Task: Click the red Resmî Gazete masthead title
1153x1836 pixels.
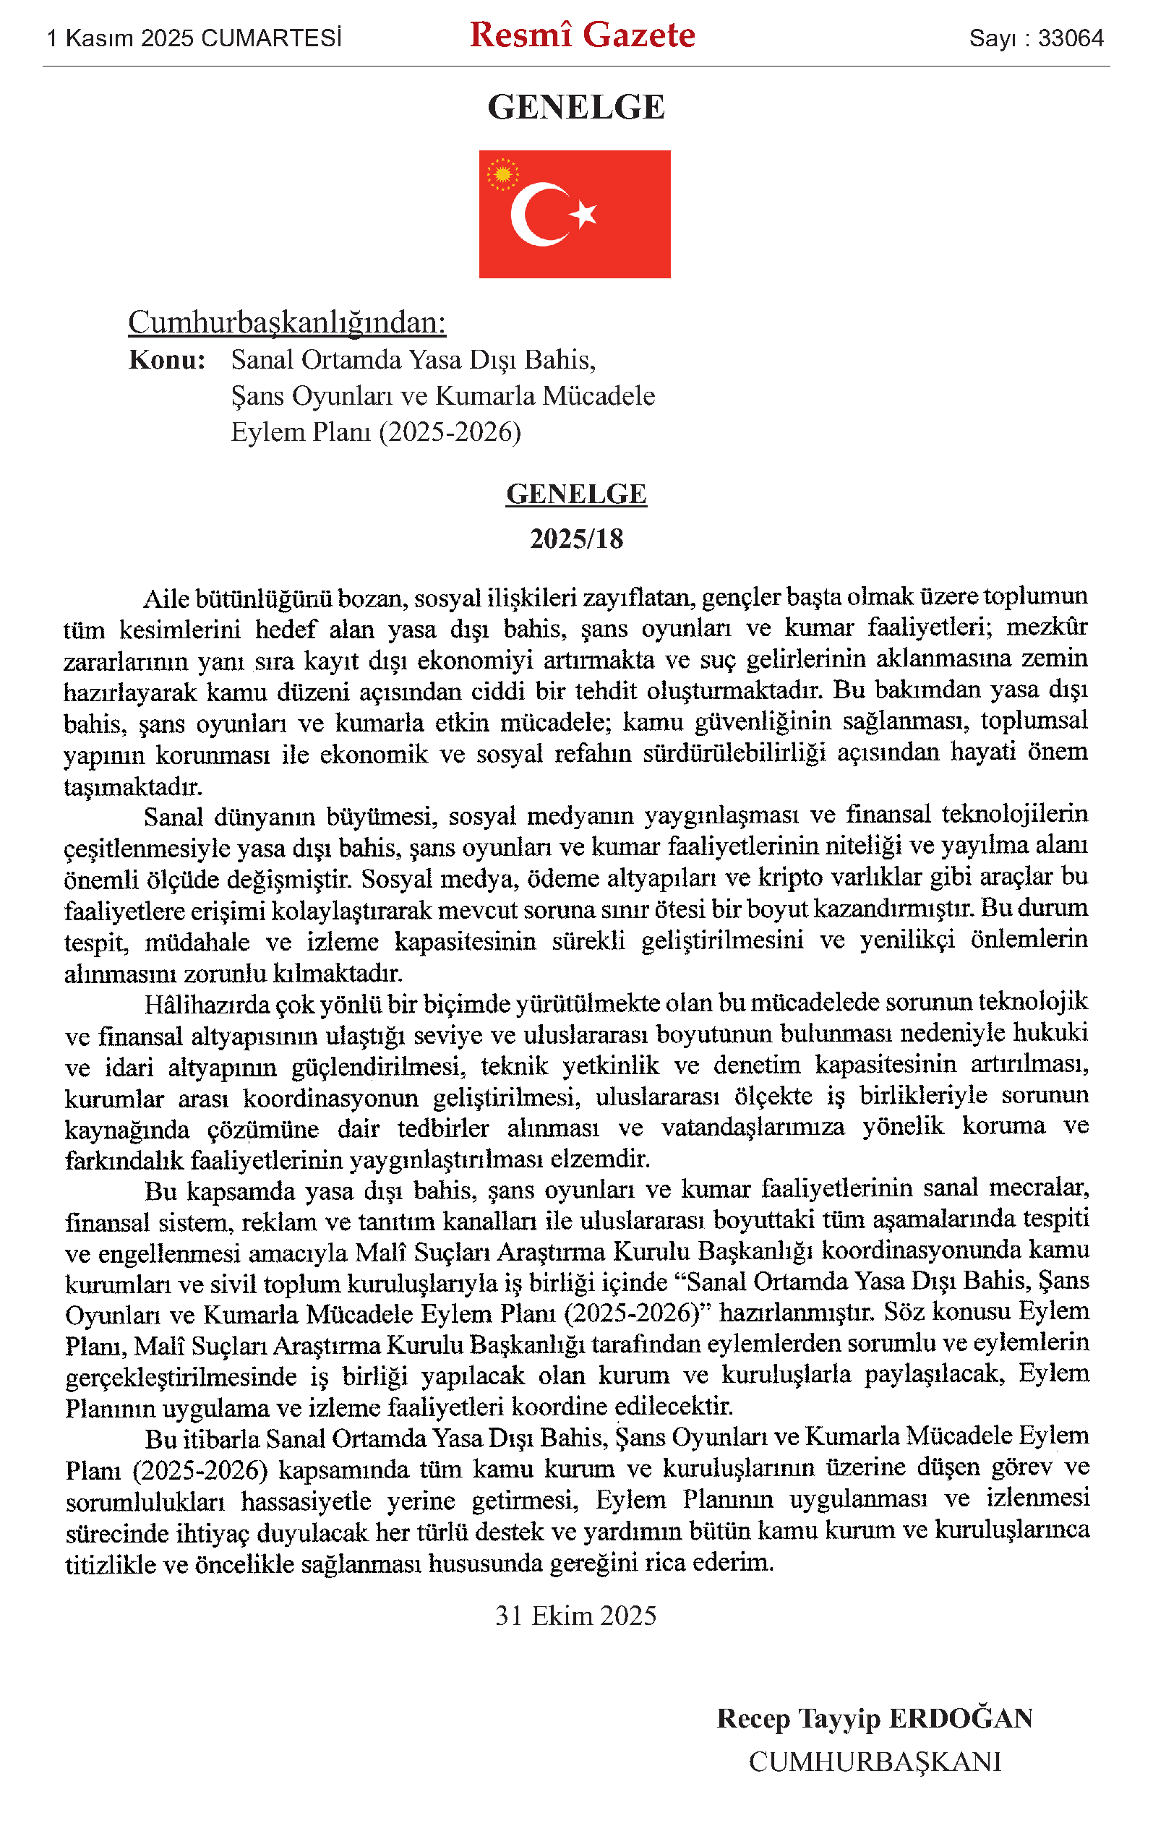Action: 582,35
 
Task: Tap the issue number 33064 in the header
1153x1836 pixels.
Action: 1071,38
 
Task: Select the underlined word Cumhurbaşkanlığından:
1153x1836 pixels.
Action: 287,322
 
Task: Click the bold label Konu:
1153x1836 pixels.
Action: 167,360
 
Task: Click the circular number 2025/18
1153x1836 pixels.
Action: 577,539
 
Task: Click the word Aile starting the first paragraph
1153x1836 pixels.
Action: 166,599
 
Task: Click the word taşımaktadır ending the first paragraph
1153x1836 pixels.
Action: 133,786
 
